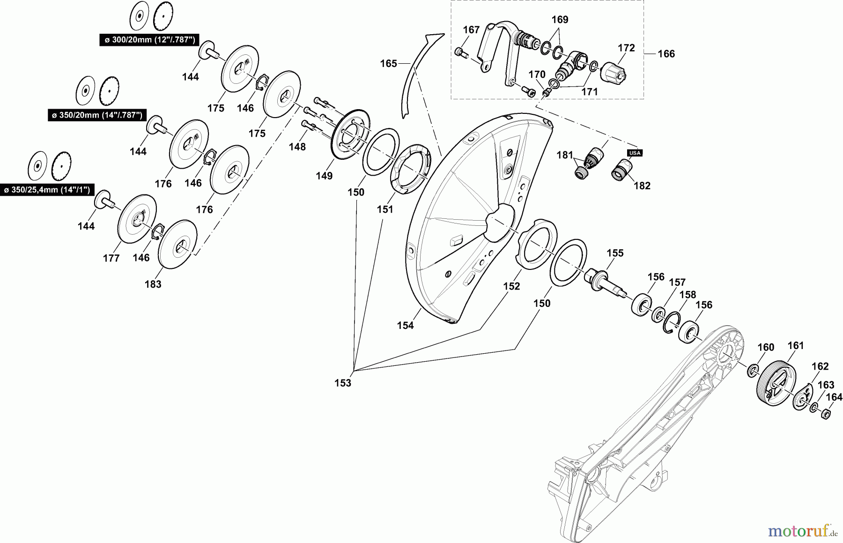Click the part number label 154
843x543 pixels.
(406, 325)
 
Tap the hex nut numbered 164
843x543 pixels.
(827, 413)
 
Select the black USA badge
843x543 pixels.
(634, 153)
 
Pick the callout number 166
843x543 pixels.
(666, 54)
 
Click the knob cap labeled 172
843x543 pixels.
(613, 70)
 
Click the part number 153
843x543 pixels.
(343, 383)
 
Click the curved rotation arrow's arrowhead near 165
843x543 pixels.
(434, 37)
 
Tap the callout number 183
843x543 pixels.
(153, 284)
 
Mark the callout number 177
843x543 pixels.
(111, 258)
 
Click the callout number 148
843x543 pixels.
(297, 147)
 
